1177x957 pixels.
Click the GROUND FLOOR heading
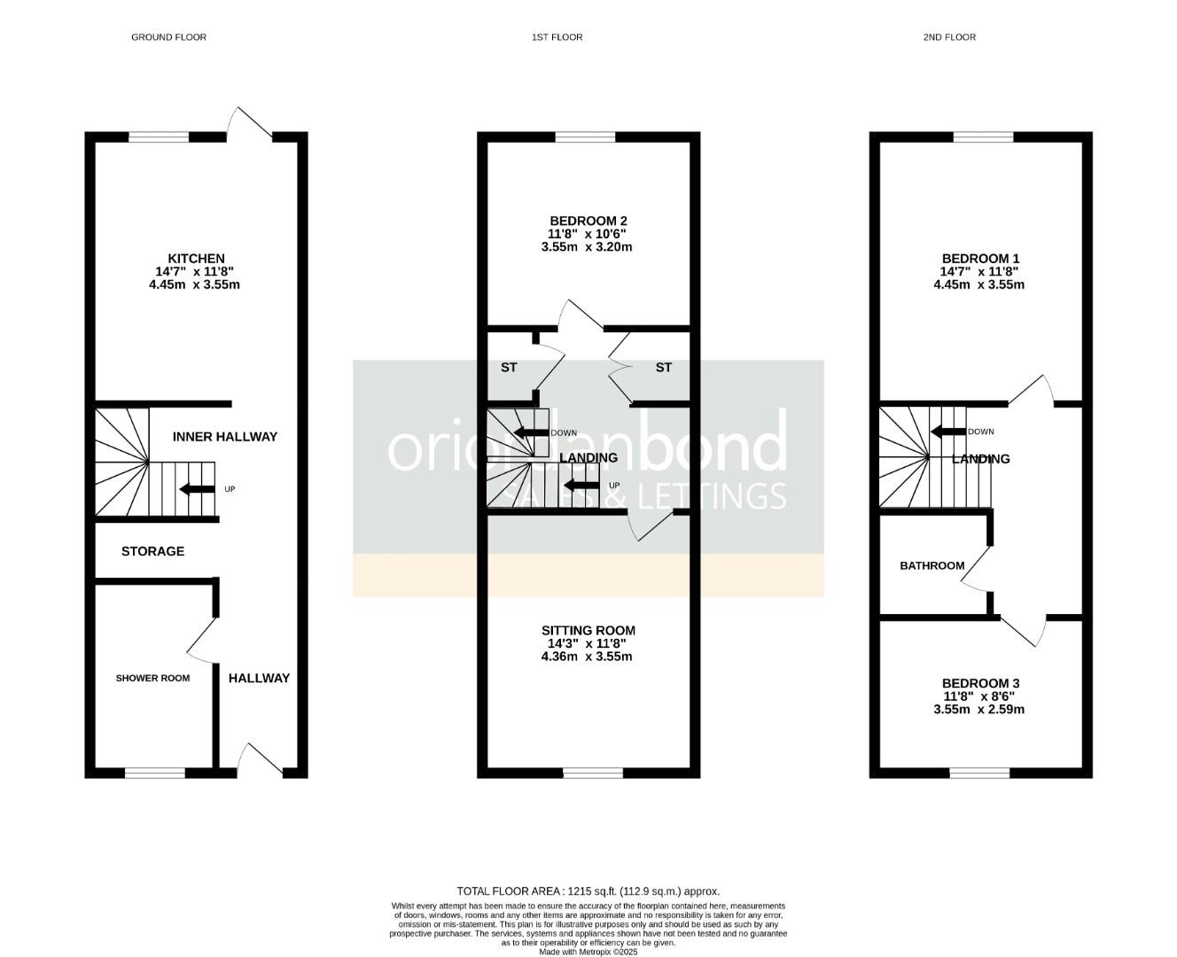pos(168,37)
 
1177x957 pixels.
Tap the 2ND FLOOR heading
pos(949,37)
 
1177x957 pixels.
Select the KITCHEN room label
pos(196,259)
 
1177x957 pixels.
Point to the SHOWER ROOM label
pos(152,678)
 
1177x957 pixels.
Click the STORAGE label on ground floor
pos(152,551)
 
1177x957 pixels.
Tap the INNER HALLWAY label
pos(224,437)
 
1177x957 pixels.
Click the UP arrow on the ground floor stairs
pos(197,489)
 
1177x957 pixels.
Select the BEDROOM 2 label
pos(588,221)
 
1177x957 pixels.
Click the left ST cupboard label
pos(509,368)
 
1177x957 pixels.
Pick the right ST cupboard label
pos(664,368)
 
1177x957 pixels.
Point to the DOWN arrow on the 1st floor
pos(531,433)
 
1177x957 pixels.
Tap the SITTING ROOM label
pos(588,631)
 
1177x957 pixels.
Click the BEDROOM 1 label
pos(980,259)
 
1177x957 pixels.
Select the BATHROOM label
pos(932,565)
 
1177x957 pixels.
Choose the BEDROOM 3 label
pos(980,683)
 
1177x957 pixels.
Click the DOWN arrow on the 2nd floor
pos(947,432)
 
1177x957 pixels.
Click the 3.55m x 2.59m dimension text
pos(978,709)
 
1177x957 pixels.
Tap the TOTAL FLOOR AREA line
pos(588,891)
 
